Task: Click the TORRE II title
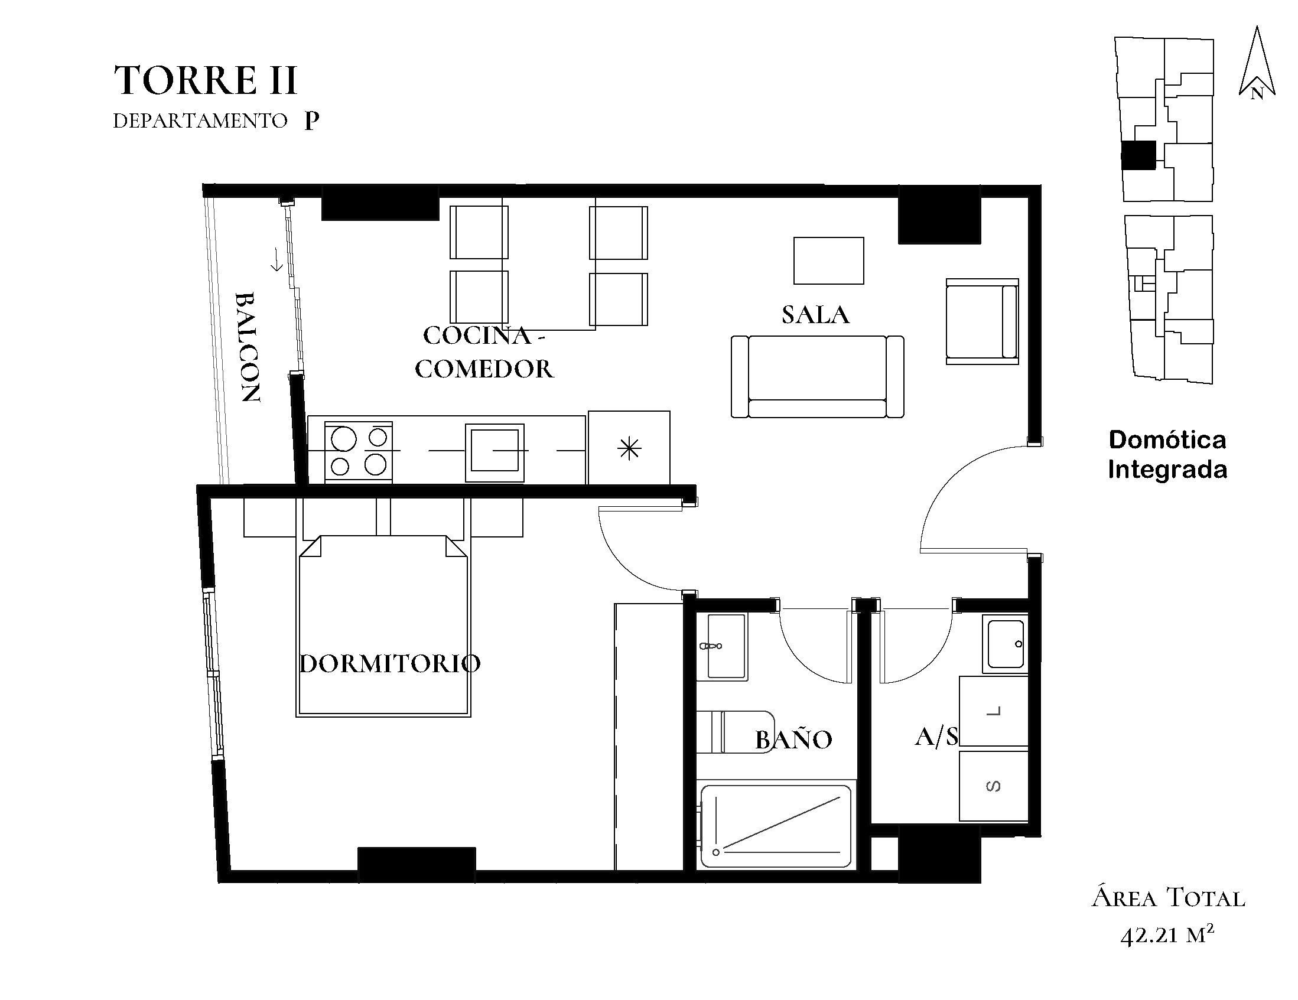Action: point(205,80)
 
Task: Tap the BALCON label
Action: point(247,347)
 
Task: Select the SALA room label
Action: point(815,315)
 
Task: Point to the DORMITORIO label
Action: point(390,663)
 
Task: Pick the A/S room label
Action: point(936,737)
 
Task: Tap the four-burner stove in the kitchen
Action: point(359,452)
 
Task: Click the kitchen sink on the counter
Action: point(495,452)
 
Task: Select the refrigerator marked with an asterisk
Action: point(629,447)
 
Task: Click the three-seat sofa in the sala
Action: point(817,377)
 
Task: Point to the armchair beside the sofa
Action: point(982,321)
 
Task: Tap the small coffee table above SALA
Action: point(828,261)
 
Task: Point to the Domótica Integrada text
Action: point(1168,455)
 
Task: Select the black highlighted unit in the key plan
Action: point(1138,155)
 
